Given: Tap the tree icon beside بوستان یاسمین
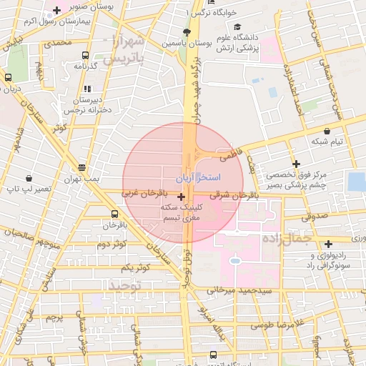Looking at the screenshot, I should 187,32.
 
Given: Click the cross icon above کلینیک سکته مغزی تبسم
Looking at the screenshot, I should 180,197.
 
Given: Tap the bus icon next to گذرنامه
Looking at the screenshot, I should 86,55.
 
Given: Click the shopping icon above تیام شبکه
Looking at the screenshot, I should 327,131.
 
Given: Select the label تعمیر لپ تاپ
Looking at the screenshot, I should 29,189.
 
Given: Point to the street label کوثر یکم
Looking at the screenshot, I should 134,267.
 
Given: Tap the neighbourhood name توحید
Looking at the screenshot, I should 127,285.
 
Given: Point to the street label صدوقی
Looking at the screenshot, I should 312,214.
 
